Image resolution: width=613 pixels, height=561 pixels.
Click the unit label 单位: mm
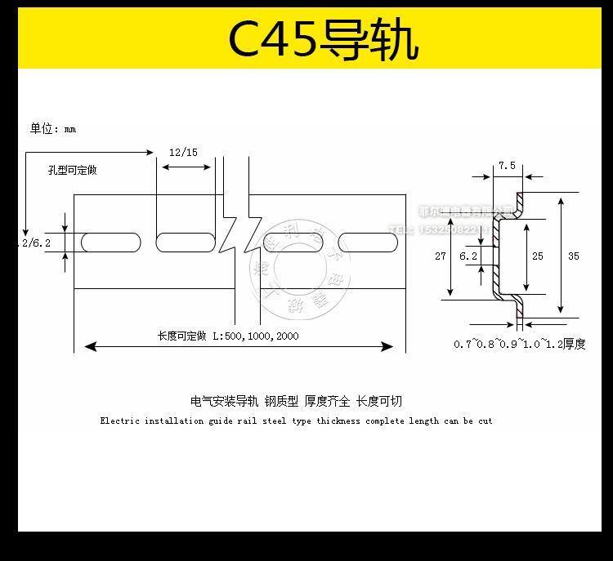[x=53, y=128]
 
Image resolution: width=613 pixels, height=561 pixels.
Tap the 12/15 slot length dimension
[x=183, y=153]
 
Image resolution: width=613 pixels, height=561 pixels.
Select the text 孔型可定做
[x=73, y=170]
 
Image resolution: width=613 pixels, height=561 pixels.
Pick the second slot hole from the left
[x=185, y=243]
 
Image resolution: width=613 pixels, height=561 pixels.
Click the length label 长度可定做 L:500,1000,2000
[x=228, y=336]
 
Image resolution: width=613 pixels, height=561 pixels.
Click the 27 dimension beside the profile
[x=441, y=256]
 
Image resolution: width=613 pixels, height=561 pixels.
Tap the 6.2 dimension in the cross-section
[x=468, y=256]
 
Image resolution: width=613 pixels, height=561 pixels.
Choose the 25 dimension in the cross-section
[x=537, y=256]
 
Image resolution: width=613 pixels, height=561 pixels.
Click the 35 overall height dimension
[x=573, y=256]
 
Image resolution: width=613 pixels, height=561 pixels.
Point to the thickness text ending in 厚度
[x=520, y=344]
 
